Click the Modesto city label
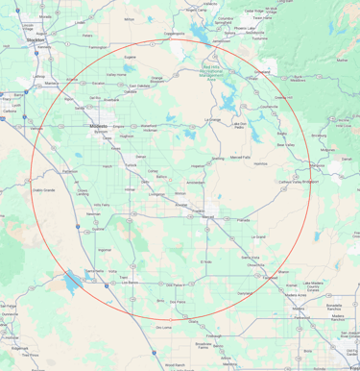coord(98,126)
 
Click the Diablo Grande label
coord(46,190)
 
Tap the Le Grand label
coord(257,235)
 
